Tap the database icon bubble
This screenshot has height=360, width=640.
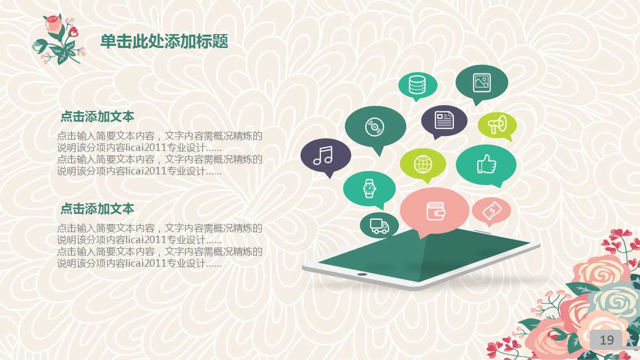(x=418, y=85)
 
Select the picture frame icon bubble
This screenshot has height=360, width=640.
(x=482, y=82)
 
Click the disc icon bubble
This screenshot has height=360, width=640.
(x=375, y=127)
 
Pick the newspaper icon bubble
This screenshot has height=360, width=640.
(x=444, y=119)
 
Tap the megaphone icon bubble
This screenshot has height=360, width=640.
(x=497, y=125)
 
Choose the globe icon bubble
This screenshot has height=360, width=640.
(x=423, y=163)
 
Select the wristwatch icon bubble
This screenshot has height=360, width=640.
(x=369, y=188)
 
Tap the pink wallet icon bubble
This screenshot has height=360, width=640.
(x=434, y=211)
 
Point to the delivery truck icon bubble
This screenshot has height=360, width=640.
(x=379, y=225)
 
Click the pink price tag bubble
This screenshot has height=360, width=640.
(x=491, y=211)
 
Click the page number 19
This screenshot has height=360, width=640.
(x=606, y=340)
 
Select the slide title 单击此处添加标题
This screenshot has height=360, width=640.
(x=164, y=41)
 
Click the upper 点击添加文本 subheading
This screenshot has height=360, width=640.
(x=97, y=116)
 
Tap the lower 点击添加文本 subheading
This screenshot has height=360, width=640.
(x=97, y=209)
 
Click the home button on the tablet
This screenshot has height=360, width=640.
(x=362, y=274)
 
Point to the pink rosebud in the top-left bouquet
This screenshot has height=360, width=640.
(x=53, y=22)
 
